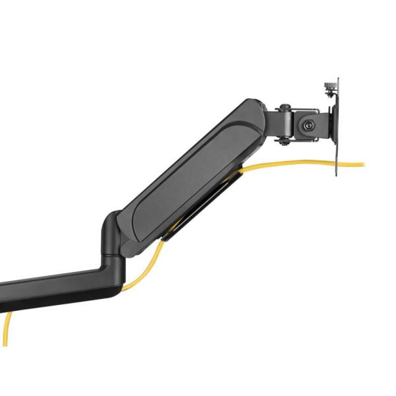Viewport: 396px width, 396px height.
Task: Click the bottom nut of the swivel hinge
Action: (282, 139)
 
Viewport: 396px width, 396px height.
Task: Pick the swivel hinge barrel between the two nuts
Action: (282, 123)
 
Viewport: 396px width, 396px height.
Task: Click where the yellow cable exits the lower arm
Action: (125, 288)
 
